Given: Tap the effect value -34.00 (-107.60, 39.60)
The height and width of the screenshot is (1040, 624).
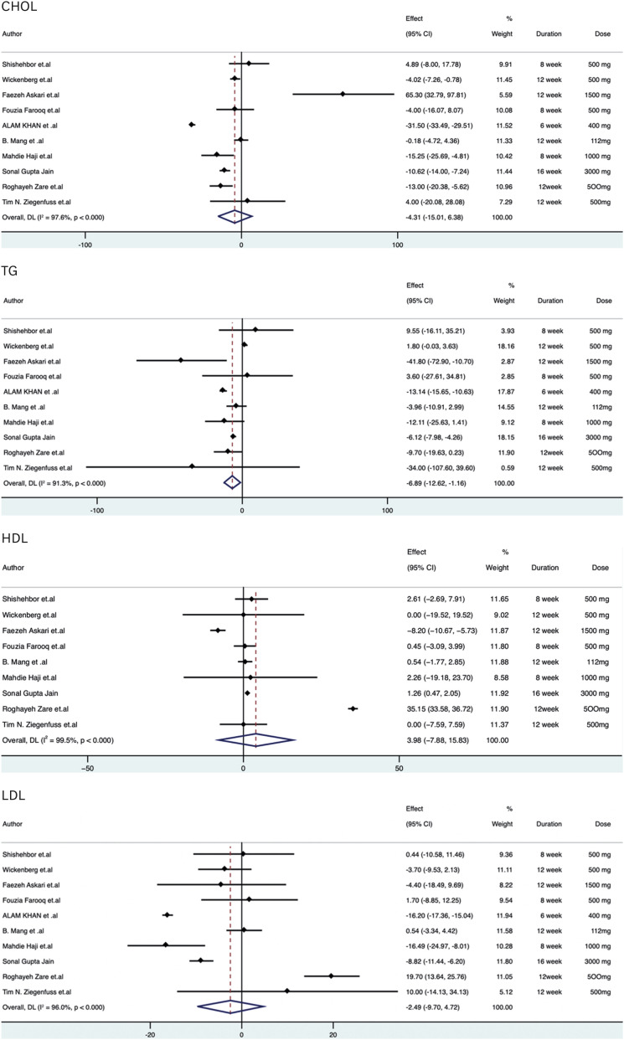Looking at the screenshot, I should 443,467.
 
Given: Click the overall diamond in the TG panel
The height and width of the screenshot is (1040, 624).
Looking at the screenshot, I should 232,482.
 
